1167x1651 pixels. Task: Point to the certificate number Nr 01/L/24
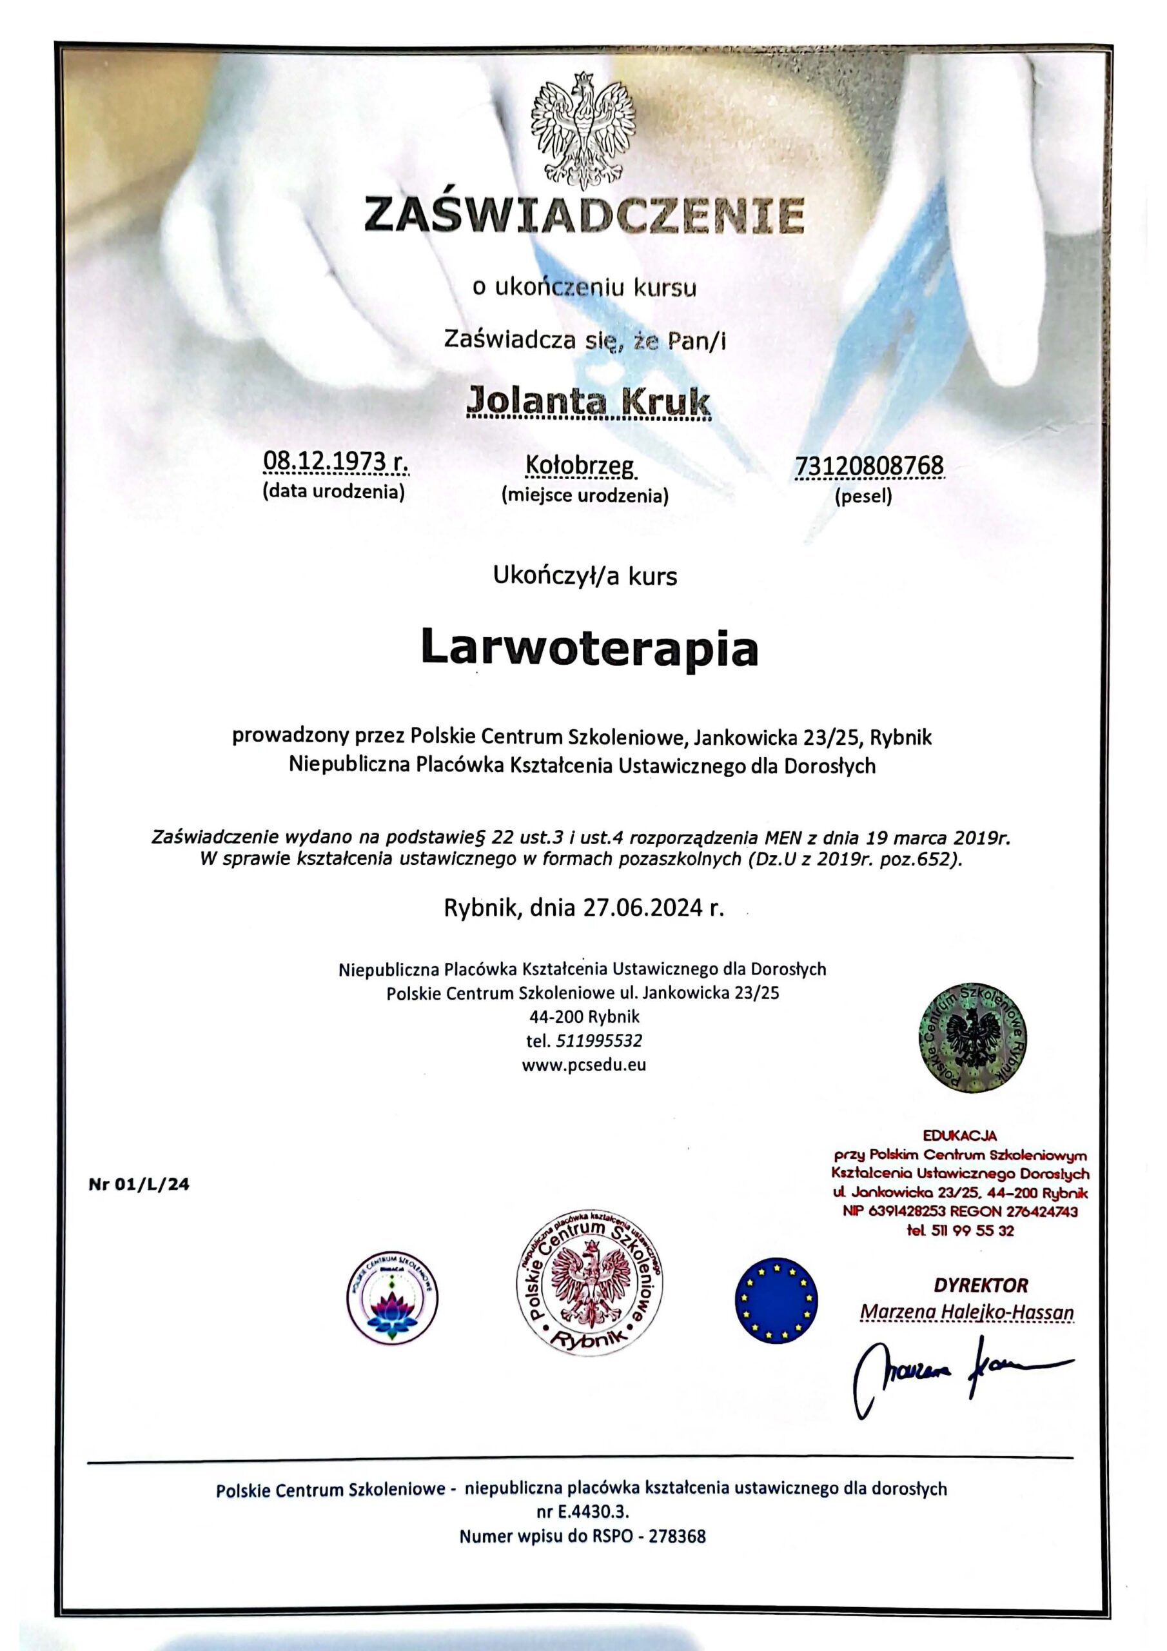click(x=139, y=1186)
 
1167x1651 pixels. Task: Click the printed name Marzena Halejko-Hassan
click(x=966, y=1312)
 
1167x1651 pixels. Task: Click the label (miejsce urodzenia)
click(x=585, y=495)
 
